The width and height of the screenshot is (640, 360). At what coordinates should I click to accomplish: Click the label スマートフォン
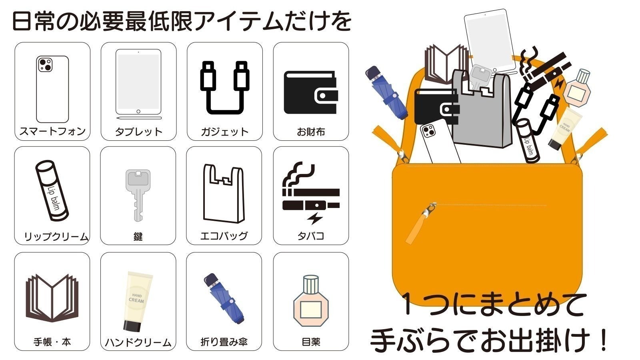52,132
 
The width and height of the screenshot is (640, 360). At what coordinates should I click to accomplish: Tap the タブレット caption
138,132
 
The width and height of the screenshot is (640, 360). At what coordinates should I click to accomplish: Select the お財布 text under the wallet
311,132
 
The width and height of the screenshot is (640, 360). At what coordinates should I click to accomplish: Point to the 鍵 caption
138,236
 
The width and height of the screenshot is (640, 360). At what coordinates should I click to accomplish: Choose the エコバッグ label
224,236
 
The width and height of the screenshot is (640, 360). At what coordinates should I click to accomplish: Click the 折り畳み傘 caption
224,342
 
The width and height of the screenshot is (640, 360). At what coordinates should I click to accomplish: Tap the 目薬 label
311,342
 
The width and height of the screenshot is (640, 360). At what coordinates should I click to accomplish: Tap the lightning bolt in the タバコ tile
315,218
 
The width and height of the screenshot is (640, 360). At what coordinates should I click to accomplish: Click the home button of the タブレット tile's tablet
138,112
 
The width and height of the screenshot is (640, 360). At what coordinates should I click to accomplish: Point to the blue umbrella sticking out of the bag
386,92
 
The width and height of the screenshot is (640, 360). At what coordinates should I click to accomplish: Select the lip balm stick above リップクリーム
52,191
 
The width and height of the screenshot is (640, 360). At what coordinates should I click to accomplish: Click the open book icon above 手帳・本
52,298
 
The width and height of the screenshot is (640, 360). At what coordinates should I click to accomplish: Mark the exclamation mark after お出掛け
604,340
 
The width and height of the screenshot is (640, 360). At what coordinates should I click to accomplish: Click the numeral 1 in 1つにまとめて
408,304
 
